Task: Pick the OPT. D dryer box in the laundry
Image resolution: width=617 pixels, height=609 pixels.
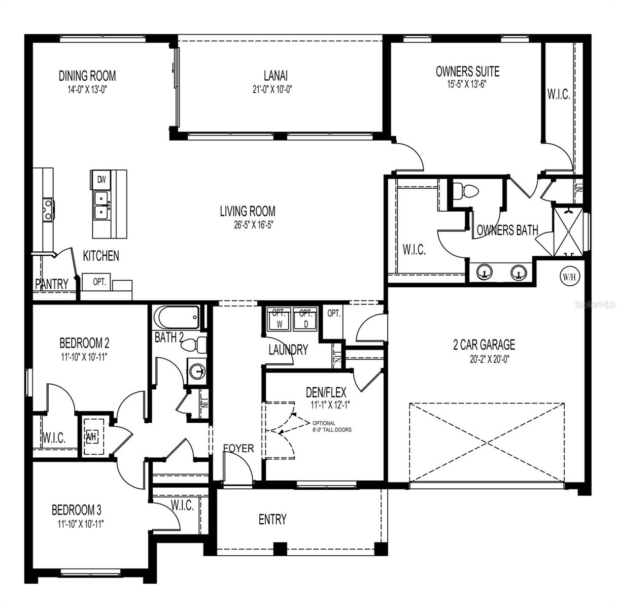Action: point(305,319)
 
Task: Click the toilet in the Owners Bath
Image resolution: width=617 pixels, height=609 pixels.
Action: point(465,190)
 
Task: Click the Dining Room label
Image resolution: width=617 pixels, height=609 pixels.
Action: point(87,76)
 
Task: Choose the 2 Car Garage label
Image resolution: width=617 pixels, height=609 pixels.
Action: point(484,345)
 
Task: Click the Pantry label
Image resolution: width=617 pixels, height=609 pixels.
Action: point(52,284)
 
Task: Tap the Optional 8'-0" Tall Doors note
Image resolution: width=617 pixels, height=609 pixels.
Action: point(332,426)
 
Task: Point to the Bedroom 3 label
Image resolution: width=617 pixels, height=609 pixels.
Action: point(80,509)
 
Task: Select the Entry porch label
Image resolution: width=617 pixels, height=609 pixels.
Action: point(272,519)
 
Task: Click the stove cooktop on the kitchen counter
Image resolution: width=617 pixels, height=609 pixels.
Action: point(48,210)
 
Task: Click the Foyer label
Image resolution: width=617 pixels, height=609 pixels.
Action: point(238,449)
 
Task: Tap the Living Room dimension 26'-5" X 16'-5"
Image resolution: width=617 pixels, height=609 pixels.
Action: point(248,223)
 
